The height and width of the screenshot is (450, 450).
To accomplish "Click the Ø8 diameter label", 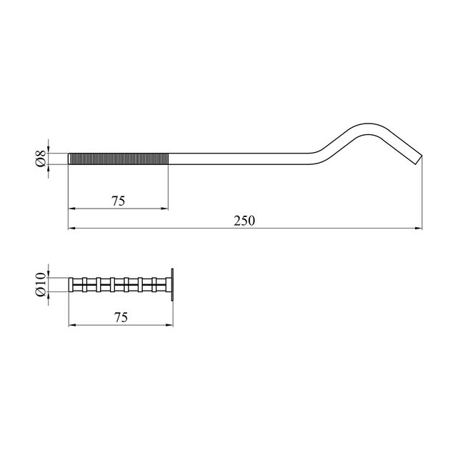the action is [x=41, y=159].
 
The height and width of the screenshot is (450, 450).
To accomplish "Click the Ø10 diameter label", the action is [x=41, y=284].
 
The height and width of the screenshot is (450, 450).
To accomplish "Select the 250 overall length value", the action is [x=244, y=221].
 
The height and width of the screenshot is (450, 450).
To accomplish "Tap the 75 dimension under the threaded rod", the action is [x=119, y=201].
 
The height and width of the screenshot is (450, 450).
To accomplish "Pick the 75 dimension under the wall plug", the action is [x=121, y=317].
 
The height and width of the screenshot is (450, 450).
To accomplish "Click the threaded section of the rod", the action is [x=119, y=159].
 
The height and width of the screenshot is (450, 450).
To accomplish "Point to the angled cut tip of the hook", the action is [x=419, y=159].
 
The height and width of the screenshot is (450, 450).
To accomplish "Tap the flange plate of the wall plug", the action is [x=172, y=285].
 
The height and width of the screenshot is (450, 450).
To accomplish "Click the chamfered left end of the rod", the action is [x=69, y=159].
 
